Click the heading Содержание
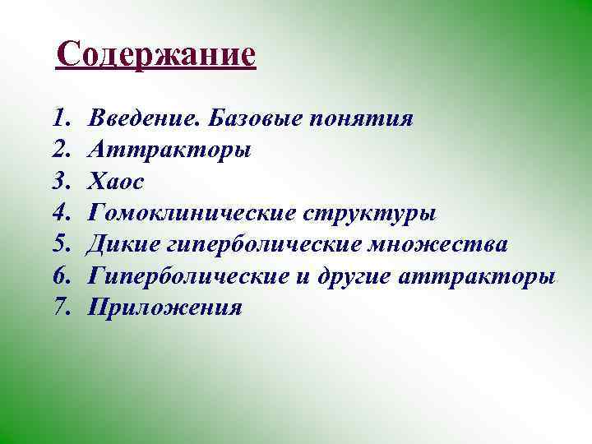click(x=157, y=56)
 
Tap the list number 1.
click(x=61, y=118)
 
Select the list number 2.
click(x=62, y=150)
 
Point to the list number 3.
click(x=62, y=182)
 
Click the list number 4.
click(x=62, y=213)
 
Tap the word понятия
click(x=362, y=120)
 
